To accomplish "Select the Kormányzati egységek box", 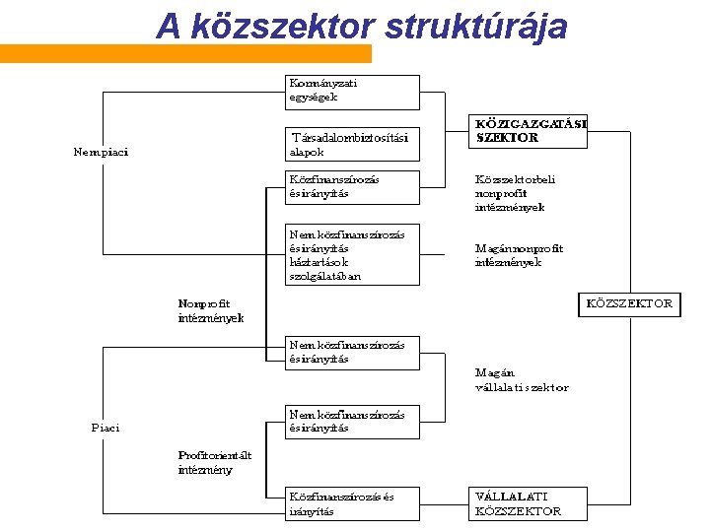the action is point(352,91).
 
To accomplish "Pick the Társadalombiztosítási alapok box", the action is point(352,144).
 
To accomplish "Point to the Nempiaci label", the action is point(101,152).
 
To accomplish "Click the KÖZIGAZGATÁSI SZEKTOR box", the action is point(528,131).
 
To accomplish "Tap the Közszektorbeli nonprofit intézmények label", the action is point(515,194).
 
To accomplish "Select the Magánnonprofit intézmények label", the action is point(509,256).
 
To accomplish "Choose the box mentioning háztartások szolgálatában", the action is point(352,254).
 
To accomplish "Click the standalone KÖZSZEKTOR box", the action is point(629,303).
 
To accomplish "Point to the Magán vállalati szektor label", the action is point(522,380).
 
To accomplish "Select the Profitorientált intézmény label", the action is point(215,462).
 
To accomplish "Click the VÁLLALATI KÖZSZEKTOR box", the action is point(528,503).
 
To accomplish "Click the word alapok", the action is point(307,152).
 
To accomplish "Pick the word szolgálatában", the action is point(325,276).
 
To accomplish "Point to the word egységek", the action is point(314,98).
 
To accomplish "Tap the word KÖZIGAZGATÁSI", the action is point(531,124).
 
